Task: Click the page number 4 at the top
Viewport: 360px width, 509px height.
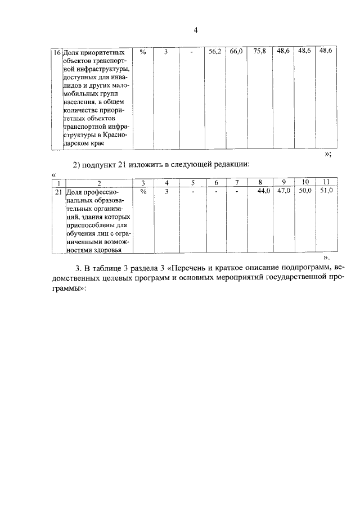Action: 195,30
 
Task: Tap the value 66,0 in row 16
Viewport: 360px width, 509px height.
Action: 236,51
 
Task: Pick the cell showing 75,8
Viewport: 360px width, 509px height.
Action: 259,51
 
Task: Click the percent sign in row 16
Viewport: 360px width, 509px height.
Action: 143,52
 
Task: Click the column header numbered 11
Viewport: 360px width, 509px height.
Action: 326,182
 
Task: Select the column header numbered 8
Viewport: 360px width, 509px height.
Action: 260,182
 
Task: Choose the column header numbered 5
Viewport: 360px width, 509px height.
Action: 192,182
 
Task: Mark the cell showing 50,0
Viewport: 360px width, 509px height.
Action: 305,191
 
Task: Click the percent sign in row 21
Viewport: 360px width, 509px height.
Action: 143,191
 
